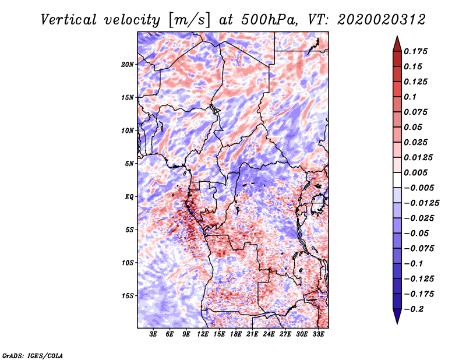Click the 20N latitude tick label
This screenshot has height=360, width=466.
pyautogui.click(x=128, y=64)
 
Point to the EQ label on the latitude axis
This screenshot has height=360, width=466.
pyautogui.click(x=129, y=197)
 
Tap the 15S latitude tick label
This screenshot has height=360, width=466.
pyautogui.click(x=128, y=296)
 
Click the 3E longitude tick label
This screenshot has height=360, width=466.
pyautogui.click(x=154, y=335)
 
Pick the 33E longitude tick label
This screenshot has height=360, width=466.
pyautogui.click(x=319, y=335)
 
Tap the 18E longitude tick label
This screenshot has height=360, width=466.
pyautogui.click(x=236, y=335)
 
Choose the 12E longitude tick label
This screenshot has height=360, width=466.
pyautogui.click(x=203, y=335)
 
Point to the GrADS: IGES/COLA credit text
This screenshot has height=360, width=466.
pyautogui.click(x=32, y=355)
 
